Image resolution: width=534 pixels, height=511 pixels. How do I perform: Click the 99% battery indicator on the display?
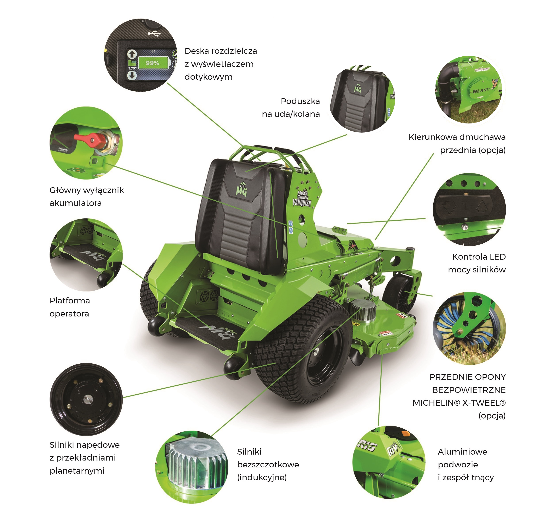point(152,63)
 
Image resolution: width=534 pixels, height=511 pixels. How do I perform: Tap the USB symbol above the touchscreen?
point(154,34)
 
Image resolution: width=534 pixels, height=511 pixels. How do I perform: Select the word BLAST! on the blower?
point(481,91)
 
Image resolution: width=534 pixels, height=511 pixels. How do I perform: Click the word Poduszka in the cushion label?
point(300,101)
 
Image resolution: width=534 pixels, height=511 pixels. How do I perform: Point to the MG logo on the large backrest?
point(241,189)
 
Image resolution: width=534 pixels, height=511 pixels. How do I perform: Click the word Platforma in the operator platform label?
point(70,301)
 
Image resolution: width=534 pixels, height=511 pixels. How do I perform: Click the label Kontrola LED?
point(479,257)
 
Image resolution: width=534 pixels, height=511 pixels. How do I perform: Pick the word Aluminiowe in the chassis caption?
point(462,452)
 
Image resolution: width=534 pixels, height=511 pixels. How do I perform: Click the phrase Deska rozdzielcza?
point(221,51)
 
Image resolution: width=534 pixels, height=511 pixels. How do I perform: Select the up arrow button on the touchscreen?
point(132,54)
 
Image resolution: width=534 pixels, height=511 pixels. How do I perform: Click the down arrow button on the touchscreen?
point(132,75)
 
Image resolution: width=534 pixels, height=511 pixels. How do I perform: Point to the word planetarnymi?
point(77,471)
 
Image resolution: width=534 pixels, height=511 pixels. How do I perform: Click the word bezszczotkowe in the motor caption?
point(268,465)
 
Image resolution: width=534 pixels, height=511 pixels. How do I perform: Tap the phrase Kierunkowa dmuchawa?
point(457,137)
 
